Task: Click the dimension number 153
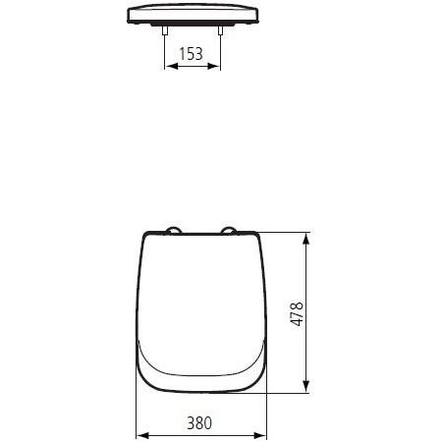(191, 53)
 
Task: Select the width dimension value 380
(199, 423)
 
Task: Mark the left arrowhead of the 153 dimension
(167, 68)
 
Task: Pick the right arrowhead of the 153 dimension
(216, 68)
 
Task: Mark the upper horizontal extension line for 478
(285, 233)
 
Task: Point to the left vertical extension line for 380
(135, 413)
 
